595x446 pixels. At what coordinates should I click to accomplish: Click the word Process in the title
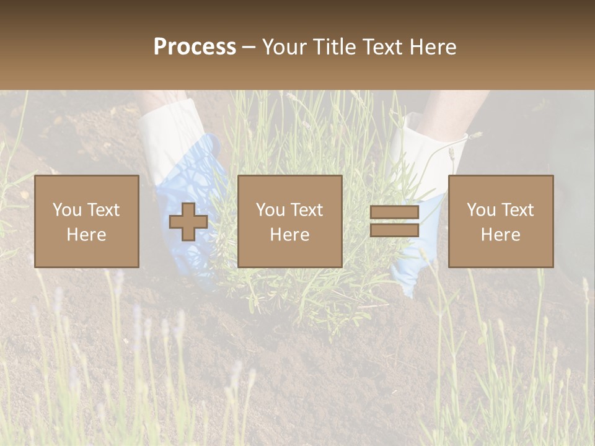(195, 47)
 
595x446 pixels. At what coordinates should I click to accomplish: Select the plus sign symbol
(188, 221)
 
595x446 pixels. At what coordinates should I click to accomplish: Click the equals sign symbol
(394, 221)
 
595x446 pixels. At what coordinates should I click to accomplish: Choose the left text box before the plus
(87, 221)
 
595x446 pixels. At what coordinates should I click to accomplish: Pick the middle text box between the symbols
(289, 221)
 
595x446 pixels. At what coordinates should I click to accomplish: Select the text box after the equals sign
(501, 221)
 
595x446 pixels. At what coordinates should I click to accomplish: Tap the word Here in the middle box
(289, 235)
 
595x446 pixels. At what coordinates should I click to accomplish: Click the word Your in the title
(285, 47)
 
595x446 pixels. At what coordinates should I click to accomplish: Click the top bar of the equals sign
(394, 212)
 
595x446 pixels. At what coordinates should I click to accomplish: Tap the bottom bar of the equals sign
(394, 230)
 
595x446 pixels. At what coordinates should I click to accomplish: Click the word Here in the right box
(501, 235)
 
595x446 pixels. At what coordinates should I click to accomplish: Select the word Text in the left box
(104, 210)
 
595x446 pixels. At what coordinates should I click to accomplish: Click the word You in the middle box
(271, 210)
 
